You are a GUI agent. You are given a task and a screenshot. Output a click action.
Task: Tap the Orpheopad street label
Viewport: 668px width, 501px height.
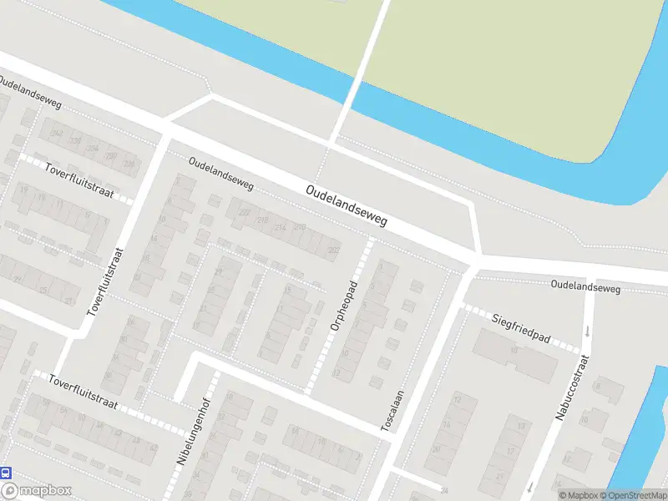(343, 306)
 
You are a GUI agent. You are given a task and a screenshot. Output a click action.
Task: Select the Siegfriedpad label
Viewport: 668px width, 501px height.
(521, 327)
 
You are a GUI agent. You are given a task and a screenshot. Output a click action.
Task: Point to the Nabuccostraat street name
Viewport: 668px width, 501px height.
(571, 387)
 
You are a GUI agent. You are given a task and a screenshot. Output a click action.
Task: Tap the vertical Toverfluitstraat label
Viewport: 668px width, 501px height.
(105, 281)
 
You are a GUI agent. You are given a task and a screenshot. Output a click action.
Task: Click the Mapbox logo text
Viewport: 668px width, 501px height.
(44, 491)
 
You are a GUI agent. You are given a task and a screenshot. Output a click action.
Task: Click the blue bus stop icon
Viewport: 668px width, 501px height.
(7, 473)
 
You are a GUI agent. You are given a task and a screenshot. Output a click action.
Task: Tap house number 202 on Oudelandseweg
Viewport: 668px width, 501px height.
(334, 250)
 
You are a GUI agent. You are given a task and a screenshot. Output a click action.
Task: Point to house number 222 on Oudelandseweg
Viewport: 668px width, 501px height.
(244, 213)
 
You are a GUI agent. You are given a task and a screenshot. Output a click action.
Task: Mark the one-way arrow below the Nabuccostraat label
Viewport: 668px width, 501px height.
(529, 486)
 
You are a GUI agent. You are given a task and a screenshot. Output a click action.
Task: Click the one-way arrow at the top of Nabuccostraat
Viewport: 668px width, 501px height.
(588, 331)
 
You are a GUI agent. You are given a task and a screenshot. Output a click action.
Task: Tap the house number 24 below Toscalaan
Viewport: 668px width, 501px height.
(444, 490)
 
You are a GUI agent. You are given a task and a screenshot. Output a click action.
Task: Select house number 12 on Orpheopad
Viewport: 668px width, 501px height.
(337, 372)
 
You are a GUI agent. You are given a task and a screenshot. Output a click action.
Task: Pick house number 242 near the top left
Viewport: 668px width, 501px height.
(57, 134)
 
